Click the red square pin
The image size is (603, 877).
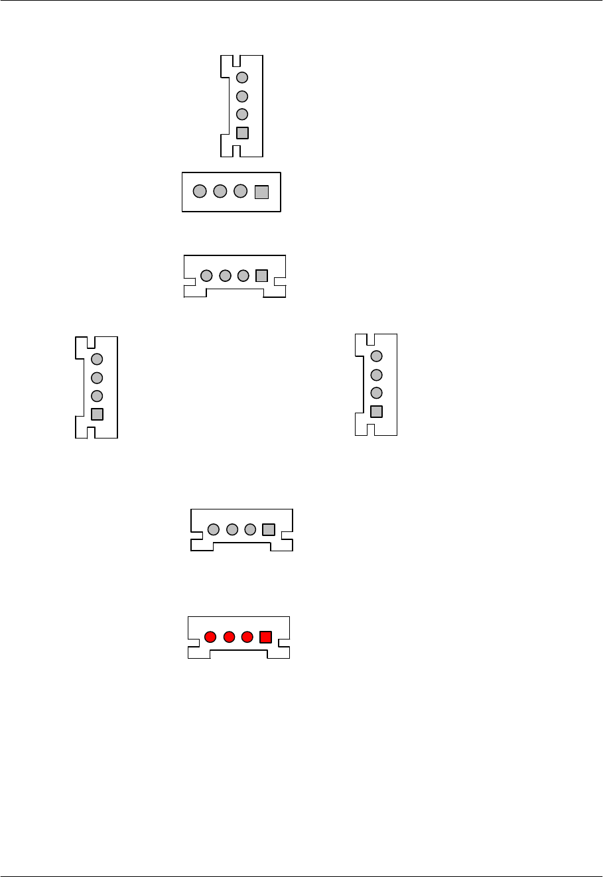(x=265, y=638)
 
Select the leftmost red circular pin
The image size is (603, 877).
(x=210, y=638)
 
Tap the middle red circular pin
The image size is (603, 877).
(x=230, y=638)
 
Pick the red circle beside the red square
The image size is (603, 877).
(x=247, y=638)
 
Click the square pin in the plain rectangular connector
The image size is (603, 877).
(x=261, y=192)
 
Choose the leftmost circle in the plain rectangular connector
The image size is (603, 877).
(x=199, y=192)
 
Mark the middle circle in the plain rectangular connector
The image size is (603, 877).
(x=220, y=192)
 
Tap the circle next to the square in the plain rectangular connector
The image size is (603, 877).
(x=241, y=192)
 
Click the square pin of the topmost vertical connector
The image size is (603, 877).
(x=242, y=133)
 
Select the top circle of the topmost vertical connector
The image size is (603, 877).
(x=242, y=78)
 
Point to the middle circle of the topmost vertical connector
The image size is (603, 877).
(x=242, y=96)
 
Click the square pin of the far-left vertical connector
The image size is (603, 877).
(x=97, y=415)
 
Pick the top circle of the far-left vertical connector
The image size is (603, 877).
(x=97, y=359)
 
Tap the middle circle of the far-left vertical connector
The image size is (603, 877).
(x=97, y=378)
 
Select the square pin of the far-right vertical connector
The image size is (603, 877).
(x=376, y=411)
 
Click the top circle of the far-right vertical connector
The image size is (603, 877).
(x=376, y=356)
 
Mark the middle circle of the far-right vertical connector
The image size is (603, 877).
(x=376, y=374)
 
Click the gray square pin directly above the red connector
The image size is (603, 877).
(x=269, y=529)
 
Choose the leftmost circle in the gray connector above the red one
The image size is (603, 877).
(x=214, y=529)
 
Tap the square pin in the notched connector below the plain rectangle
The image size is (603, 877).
(x=261, y=275)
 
